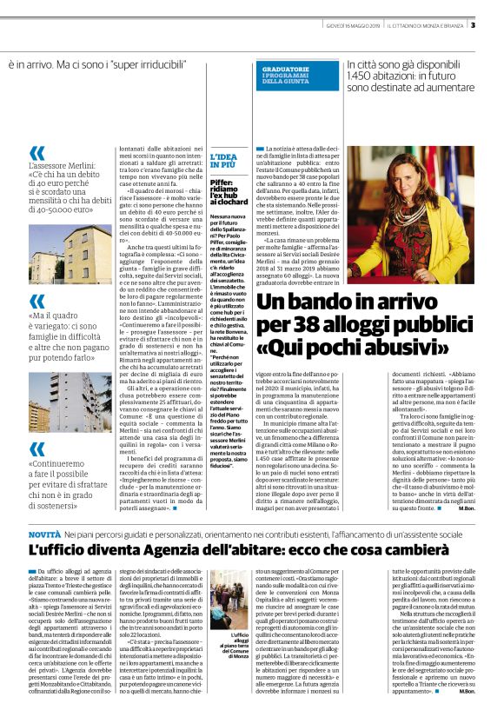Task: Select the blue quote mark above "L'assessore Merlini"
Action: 36,154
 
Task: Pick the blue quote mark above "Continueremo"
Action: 36,449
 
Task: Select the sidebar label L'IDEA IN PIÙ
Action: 224,160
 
